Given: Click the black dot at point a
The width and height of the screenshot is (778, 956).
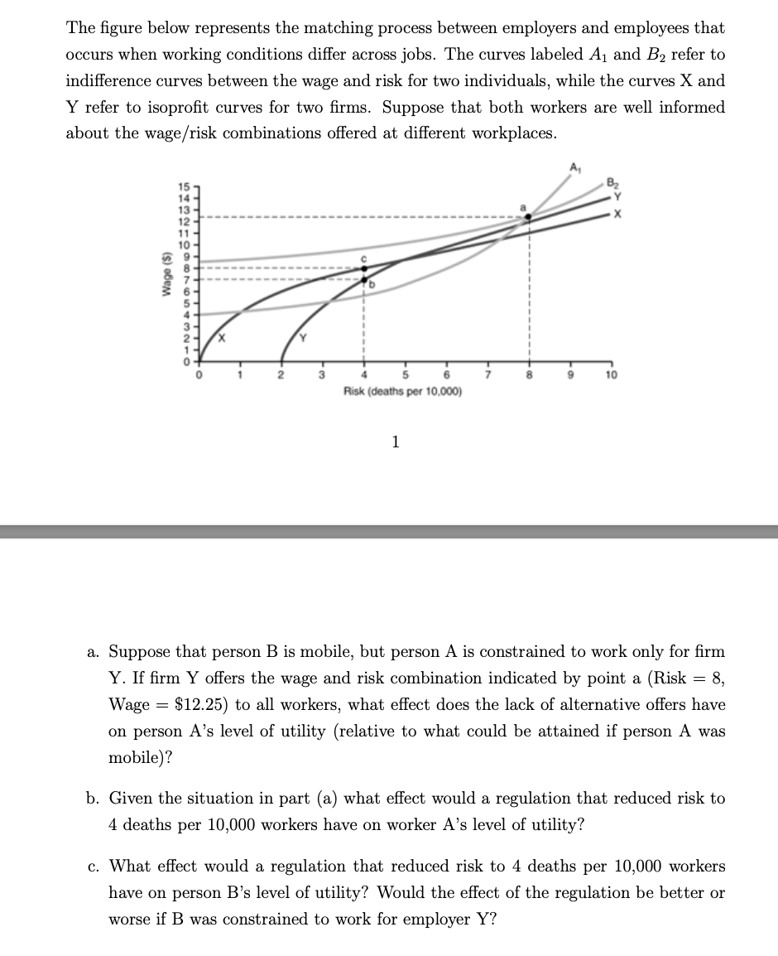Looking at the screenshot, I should pyautogui.click(x=528, y=217).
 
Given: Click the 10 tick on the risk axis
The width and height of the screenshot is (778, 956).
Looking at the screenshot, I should pyautogui.click(x=611, y=375).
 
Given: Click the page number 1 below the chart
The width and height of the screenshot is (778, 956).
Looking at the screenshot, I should pyautogui.click(x=396, y=442).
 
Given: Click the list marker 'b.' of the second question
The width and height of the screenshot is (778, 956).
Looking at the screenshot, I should pyautogui.click(x=94, y=799).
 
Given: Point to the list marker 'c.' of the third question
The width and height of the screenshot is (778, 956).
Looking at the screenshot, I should pyautogui.click(x=94, y=867).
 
